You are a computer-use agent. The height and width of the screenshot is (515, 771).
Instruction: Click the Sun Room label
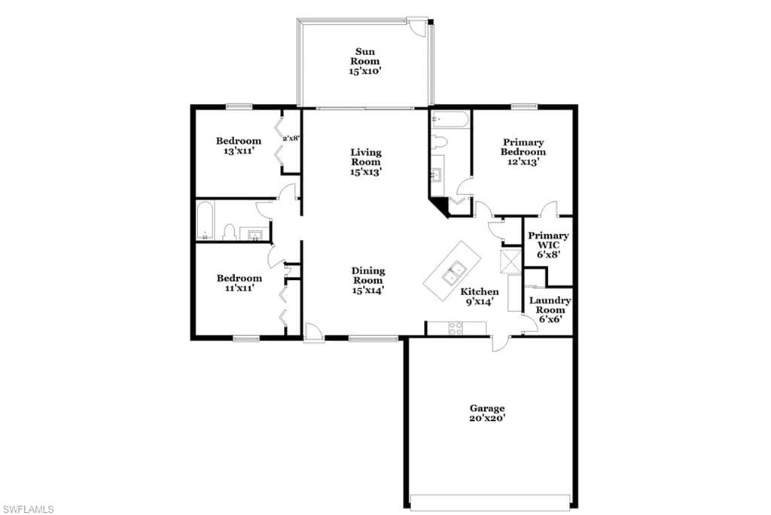click(365, 61)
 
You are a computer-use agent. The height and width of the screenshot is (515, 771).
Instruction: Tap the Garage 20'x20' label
click(487, 413)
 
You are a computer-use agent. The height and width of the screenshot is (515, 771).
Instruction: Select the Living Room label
click(366, 162)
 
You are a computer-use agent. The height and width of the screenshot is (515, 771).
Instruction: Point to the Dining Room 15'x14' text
click(367, 280)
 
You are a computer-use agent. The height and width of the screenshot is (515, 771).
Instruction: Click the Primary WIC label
click(548, 245)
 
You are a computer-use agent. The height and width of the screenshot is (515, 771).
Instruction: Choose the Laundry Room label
click(550, 309)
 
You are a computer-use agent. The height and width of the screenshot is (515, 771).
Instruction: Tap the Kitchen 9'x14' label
click(480, 297)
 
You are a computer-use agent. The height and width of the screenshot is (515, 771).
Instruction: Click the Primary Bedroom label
click(523, 151)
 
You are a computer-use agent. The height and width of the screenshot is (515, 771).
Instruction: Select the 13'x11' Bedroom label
click(239, 145)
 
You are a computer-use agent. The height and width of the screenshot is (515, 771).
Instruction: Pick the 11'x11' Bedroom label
click(239, 283)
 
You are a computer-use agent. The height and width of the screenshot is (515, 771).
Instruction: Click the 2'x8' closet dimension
click(291, 139)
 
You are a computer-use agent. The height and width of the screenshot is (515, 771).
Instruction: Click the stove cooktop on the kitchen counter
click(456, 328)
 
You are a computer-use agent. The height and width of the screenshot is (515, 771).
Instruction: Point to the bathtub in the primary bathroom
click(450, 119)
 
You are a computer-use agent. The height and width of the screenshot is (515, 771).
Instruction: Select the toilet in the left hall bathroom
click(229, 232)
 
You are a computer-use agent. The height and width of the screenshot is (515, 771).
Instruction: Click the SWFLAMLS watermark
click(28, 509)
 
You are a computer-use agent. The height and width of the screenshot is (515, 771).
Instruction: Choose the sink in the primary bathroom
click(437, 175)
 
